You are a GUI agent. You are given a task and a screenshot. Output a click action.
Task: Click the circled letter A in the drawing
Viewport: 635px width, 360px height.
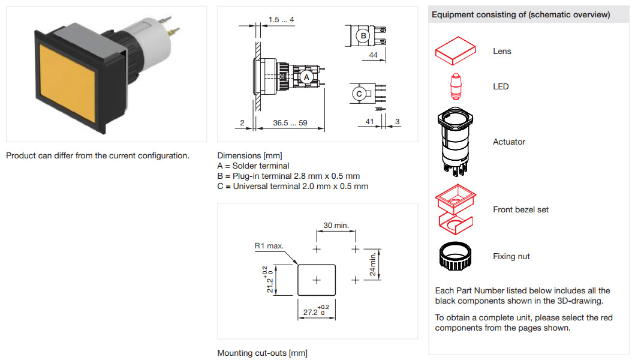coord(305,77)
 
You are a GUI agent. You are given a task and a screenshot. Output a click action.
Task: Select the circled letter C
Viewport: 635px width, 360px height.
coord(359,94)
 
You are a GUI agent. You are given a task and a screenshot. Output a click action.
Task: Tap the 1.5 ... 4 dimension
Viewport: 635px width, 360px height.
coord(281,20)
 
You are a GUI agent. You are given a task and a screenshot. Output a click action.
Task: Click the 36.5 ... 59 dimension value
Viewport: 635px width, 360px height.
coord(290,123)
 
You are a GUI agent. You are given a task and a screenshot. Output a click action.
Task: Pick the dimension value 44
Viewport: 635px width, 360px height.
coord(373,55)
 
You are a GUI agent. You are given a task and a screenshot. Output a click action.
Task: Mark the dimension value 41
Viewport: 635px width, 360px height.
coord(370,122)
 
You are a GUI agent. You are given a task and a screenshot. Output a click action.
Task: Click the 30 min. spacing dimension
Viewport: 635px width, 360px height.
coord(336,225)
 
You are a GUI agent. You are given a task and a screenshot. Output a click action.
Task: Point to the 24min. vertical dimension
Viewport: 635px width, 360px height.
coord(373,264)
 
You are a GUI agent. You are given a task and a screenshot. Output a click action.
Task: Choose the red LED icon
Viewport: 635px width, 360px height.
coord(455,86)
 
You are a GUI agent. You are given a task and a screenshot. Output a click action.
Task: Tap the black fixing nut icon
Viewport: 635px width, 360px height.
coord(455,256)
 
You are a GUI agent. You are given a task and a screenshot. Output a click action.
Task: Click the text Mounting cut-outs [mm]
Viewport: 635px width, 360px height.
coord(262,353)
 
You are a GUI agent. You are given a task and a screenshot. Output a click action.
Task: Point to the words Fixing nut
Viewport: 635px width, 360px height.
coord(511,256)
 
